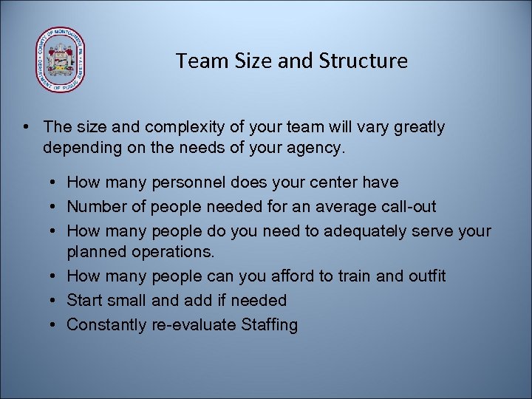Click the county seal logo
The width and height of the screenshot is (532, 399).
pos(60,60)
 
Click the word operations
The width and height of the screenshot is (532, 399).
pos(173,252)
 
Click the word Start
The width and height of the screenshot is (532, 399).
pos(83,300)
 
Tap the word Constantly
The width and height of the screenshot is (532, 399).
pos(106,324)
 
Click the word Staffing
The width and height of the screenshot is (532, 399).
pos(270,324)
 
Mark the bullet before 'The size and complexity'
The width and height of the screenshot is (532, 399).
pos(27,127)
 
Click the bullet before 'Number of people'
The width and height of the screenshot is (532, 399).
pos(56,206)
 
